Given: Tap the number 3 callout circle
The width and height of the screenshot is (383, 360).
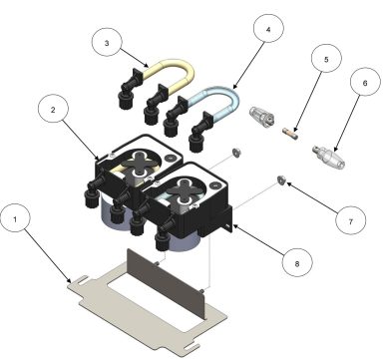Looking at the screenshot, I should pyautogui.click(x=107, y=44).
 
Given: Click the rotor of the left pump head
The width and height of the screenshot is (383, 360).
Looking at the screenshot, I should pyautogui.click(x=143, y=160).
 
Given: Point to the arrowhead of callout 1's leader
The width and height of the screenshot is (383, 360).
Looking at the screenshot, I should pyautogui.click(x=69, y=283).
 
